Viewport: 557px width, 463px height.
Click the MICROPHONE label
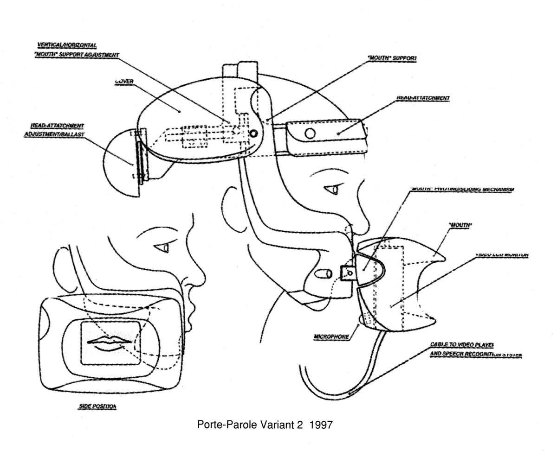coord(331,336)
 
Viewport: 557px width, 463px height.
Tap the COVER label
coord(124,82)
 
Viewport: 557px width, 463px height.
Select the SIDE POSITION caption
coord(97,406)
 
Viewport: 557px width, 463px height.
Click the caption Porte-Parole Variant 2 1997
coord(265,425)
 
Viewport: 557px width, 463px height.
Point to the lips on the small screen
coord(110,342)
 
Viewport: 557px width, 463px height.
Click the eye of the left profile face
coord(163,248)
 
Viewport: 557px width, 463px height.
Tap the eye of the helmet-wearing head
coord(333,190)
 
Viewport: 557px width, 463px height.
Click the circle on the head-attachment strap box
coord(310,133)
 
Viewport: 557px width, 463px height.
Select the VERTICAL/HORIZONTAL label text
coord(67,45)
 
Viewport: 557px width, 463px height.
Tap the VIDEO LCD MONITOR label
coord(502,255)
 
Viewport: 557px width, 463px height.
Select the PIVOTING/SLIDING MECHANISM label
coord(462,190)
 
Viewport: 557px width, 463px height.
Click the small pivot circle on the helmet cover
coord(253,134)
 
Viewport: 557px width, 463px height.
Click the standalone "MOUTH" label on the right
coord(460,225)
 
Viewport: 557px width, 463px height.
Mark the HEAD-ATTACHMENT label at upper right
coord(423,98)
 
